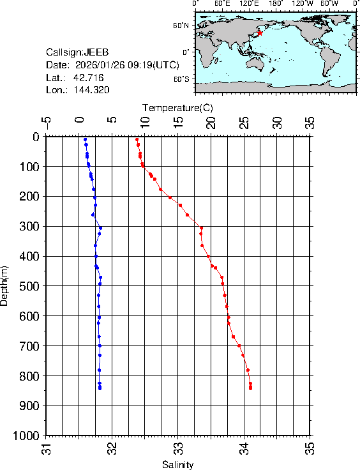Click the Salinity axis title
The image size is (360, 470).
pos(177,465)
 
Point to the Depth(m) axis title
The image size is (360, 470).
pos(6,285)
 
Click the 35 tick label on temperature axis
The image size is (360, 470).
pos(310,122)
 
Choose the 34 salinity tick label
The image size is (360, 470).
pos(244,450)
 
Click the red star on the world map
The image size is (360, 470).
pos(260,33)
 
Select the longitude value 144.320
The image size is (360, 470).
pos(91,90)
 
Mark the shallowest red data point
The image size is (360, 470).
pos(137,139)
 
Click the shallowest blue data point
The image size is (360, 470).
pos(84,139)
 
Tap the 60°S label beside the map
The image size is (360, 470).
pos(181,79)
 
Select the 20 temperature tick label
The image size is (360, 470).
pos(211,122)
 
